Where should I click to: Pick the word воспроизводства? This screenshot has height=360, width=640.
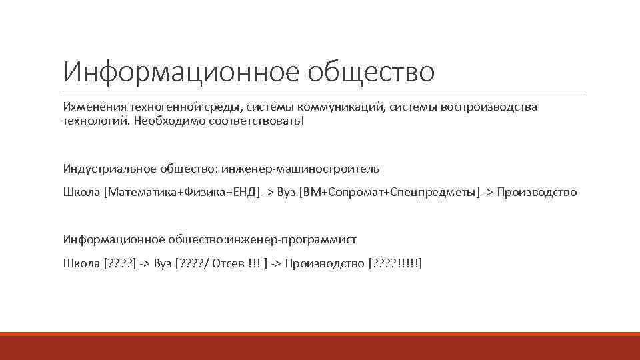492,107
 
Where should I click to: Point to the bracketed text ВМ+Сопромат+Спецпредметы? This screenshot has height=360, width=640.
390,193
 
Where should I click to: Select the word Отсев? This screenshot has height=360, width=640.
228,263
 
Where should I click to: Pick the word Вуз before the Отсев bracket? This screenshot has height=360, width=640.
162,263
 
